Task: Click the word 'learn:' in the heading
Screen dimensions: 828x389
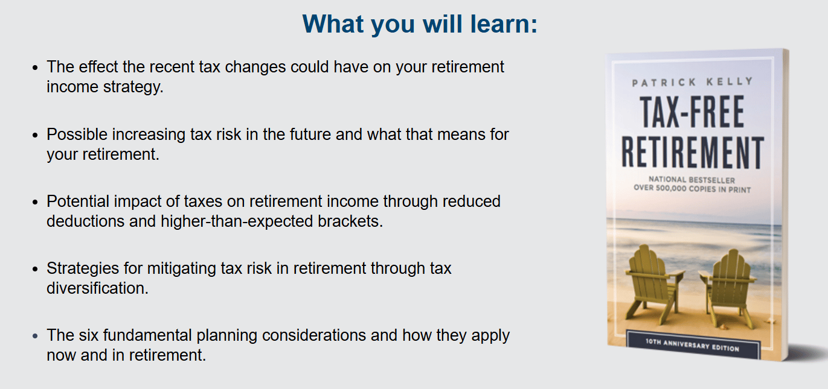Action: coord(504,24)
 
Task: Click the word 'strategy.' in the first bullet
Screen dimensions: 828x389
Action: coord(133,87)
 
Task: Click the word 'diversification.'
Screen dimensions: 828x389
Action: coord(98,288)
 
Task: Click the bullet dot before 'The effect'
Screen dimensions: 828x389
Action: coord(35,68)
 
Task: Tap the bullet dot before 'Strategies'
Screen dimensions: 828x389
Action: coord(35,269)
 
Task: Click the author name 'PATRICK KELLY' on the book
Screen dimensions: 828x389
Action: coord(693,82)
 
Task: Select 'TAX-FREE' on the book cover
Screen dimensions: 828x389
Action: coord(692,112)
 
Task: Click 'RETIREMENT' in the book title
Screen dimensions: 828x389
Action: coord(693,152)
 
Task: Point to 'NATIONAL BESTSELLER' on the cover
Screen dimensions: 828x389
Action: coord(692,180)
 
